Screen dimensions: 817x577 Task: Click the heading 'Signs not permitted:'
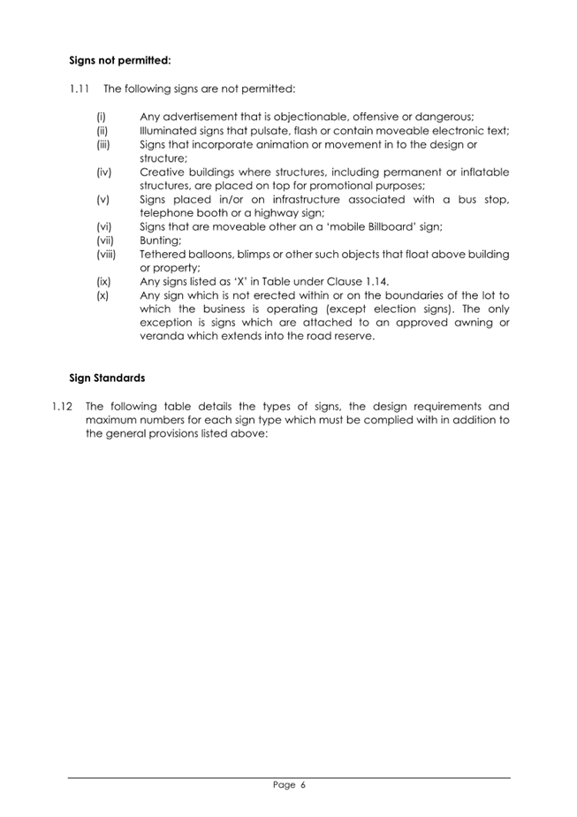[119, 63]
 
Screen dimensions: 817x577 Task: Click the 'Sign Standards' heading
[107, 378]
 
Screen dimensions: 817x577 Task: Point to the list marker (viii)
[105, 254]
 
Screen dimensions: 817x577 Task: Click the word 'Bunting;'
[161, 241]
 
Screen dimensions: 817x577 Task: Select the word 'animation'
[277, 144]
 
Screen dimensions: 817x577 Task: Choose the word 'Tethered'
[165, 254]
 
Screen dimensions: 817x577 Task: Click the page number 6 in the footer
[301, 783]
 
